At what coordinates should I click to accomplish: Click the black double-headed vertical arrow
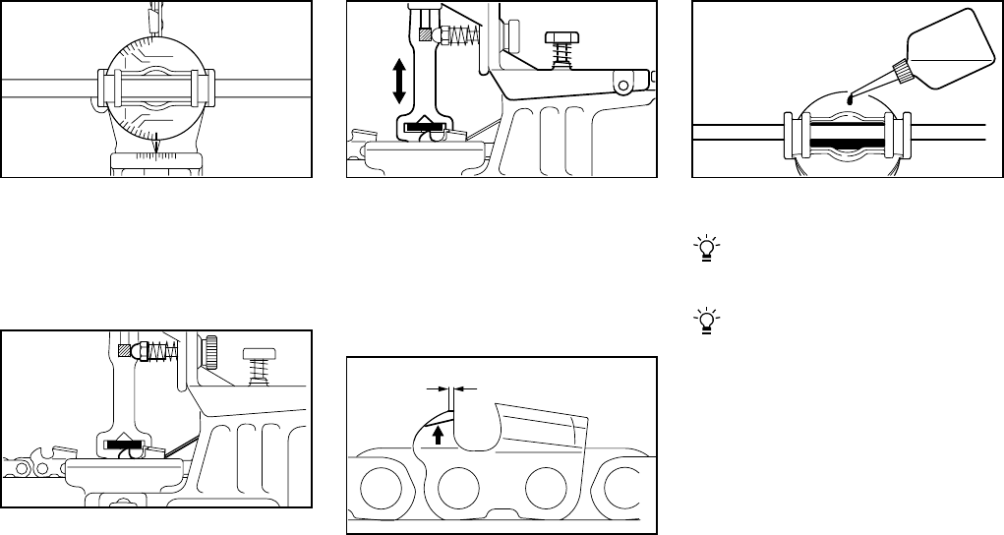pos(399,81)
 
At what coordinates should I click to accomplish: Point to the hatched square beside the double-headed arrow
pos(426,34)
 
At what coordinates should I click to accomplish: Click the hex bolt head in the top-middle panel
pos(561,37)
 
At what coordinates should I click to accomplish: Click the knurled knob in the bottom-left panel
pos(212,349)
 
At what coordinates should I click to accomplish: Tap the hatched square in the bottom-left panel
pos(124,349)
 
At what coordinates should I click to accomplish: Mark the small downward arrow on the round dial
pos(155,146)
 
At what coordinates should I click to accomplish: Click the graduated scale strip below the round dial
pos(157,160)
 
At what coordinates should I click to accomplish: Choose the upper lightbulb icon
pos(705,248)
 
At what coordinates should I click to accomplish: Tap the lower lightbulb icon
pos(705,319)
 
